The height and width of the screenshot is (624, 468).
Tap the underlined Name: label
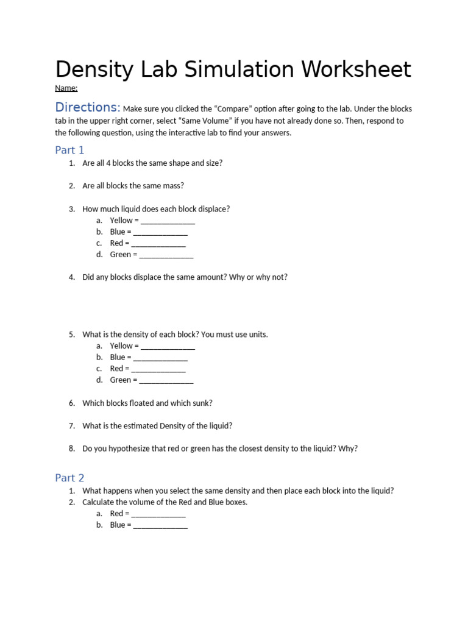66,88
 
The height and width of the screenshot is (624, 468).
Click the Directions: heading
88,107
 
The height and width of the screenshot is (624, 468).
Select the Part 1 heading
69,150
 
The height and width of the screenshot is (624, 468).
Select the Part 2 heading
69,478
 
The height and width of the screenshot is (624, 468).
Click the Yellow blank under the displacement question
168,221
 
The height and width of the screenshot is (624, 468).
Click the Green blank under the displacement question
166,255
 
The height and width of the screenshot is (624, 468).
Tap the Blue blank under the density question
160,357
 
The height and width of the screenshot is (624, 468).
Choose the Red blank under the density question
158,369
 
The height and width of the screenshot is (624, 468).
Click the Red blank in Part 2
158,514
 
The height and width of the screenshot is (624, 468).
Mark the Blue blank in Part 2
160,525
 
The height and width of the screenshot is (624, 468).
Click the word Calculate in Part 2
99,502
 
